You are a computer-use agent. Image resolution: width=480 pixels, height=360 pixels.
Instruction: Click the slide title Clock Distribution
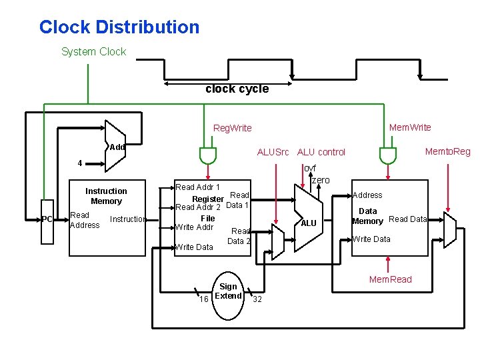119,27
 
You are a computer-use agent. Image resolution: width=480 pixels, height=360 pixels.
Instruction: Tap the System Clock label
93,52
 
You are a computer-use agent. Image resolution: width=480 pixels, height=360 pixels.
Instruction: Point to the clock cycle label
237,89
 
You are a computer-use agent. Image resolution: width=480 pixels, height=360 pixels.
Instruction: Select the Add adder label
117,147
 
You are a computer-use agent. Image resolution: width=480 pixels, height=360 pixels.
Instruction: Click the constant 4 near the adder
79,163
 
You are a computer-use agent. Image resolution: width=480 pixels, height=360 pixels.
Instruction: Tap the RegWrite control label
232,128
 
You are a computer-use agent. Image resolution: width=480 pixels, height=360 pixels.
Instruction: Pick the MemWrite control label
410,127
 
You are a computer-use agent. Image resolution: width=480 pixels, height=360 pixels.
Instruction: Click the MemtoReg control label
448,151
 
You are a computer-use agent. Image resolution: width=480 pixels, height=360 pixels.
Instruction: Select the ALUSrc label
273,152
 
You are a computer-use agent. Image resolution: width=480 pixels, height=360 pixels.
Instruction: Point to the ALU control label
321,152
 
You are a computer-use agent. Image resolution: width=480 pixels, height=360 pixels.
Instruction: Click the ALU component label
309,223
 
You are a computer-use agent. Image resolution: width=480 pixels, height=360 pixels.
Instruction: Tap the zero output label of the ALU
321,181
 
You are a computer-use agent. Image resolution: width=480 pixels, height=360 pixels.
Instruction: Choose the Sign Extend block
228,291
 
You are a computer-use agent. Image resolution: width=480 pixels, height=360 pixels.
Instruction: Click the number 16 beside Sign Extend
205,299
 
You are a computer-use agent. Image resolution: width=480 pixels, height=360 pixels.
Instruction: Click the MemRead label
391,279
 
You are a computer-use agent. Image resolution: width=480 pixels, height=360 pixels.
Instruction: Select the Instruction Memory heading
106,196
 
